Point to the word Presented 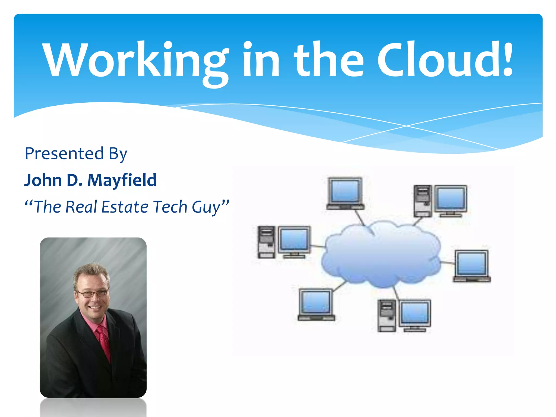tap(64, 154)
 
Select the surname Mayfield tap(122, 180)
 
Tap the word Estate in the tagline tap(125, 207)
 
